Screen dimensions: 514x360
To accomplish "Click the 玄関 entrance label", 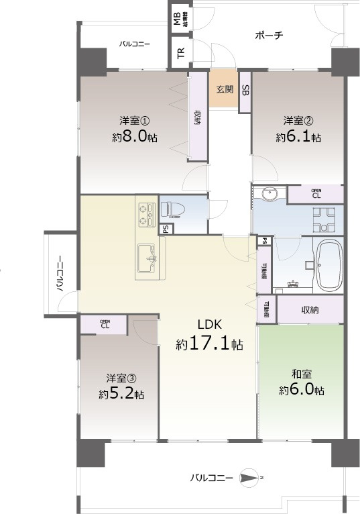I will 224,89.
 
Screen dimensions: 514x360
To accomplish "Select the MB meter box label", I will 177,18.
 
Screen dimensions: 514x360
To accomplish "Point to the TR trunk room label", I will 180,54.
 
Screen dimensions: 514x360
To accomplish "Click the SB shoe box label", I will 245,91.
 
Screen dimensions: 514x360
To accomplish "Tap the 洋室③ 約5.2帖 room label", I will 121,387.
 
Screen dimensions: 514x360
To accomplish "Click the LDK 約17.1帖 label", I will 209,336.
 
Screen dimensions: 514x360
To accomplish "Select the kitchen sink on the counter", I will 148,256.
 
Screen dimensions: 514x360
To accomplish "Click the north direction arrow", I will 249,478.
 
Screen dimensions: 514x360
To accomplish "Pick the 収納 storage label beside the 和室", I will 309,310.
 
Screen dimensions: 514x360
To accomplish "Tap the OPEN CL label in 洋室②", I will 316,194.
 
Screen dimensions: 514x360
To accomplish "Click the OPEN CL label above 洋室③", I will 105,324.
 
